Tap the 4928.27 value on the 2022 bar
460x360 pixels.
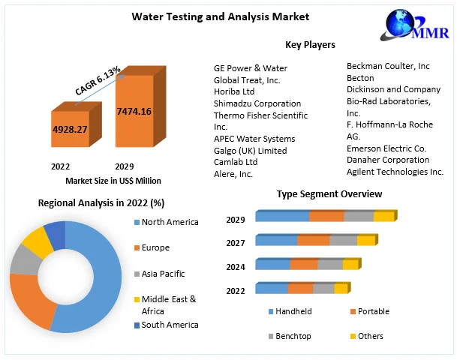(x=70, y=129)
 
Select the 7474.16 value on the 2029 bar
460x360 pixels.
(x=134, y=112)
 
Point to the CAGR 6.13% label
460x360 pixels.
(x=98, y=80)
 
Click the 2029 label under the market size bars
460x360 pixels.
(x=125, y=166)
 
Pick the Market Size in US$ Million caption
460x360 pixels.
(x=113, y=181)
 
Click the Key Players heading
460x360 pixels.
(x=310, y=45)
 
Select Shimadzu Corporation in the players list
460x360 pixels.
(x=257, y=103)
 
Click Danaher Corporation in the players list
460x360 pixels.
(x=388, y=160)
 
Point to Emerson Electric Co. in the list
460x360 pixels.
(x=386, y=148)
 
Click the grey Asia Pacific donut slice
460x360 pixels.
(x=23, y=259)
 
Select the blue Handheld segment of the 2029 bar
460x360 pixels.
(x=283, y=217)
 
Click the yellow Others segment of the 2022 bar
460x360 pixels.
(x=341, y=289)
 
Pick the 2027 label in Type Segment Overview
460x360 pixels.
(x=236, y=243)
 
